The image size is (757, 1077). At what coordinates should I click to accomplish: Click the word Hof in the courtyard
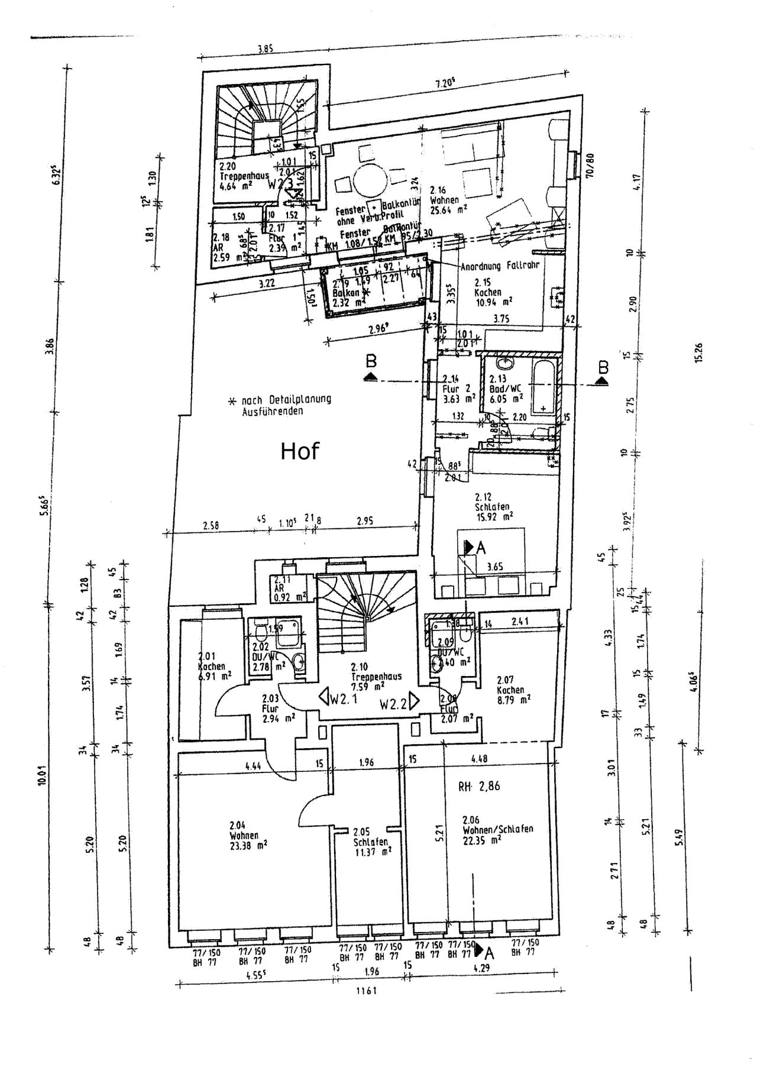point(299,451)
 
